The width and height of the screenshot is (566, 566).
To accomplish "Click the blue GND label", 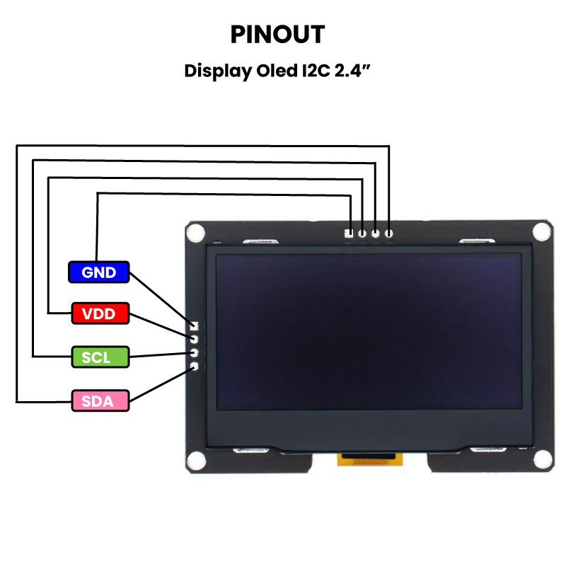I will coord(99,272).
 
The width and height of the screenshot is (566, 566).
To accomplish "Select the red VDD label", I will coord(99,313).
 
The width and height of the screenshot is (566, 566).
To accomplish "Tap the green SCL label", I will coord(99,357).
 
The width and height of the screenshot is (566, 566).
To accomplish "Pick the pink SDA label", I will coord(99,401).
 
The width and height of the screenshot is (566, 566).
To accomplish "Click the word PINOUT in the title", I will coord(277,34).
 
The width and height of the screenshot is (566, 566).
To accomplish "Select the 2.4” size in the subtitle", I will coord(353,71).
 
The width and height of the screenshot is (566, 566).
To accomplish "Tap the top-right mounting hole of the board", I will coord(541,231).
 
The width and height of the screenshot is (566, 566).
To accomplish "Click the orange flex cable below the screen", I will coord(369,459).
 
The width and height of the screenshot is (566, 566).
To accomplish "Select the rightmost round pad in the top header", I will coord(388,232).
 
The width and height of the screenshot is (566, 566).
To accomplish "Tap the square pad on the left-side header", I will coord(194,327).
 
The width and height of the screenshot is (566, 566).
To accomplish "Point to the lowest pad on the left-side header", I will coord(194,366).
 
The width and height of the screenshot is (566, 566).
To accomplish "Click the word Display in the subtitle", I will coord(212,71).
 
